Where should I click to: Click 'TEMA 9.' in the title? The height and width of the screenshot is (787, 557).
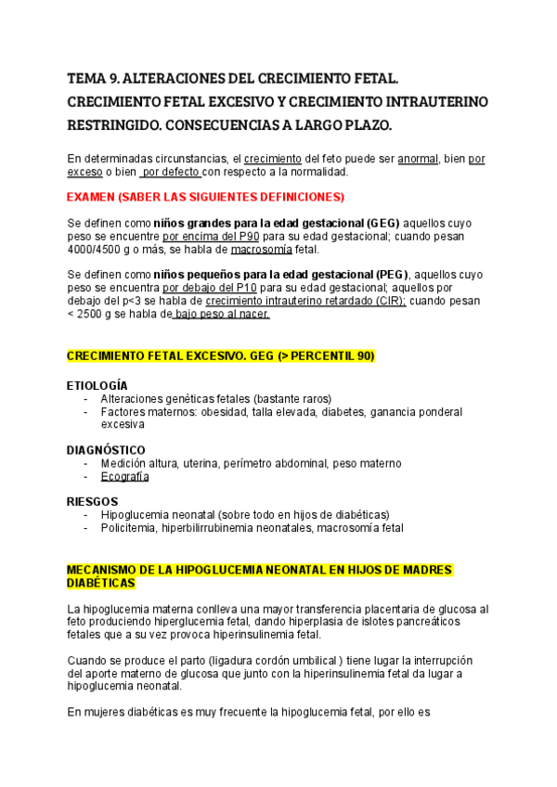coord(92,79)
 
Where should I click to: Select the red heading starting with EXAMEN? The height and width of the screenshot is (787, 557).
coord(205,197)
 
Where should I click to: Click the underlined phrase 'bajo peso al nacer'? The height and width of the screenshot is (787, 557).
coord(222,315)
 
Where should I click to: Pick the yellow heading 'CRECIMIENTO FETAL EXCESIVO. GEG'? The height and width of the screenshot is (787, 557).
coord(221,357)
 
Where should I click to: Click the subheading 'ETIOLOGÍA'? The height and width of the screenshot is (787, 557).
coord(97,385)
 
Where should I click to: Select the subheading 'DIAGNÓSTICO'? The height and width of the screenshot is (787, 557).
coord(106,449)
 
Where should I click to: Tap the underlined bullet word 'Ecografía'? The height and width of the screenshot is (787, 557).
coord(124,476)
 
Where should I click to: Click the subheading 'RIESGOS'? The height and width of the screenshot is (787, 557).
coord(93,501)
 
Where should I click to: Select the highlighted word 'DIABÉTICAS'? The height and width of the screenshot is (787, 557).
coord(101,583)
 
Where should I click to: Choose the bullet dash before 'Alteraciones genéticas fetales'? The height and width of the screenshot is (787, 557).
coord(86,398)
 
